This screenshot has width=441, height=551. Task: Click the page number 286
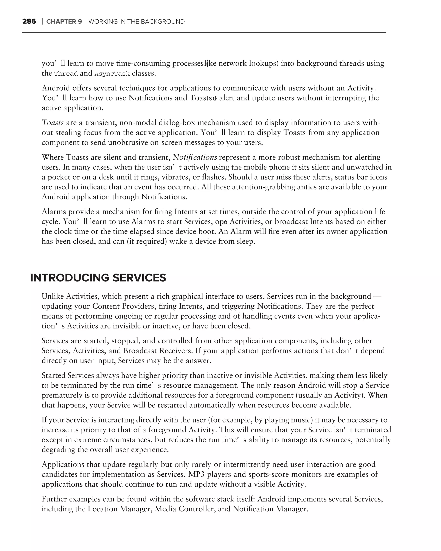29,22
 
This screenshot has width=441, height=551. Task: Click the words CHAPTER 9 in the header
64,22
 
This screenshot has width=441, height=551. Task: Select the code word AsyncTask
112,74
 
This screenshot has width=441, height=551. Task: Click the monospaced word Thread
66,74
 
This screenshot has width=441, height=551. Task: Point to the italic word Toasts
53,123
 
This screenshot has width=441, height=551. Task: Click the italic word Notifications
195,157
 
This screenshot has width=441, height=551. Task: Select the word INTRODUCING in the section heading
70,278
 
